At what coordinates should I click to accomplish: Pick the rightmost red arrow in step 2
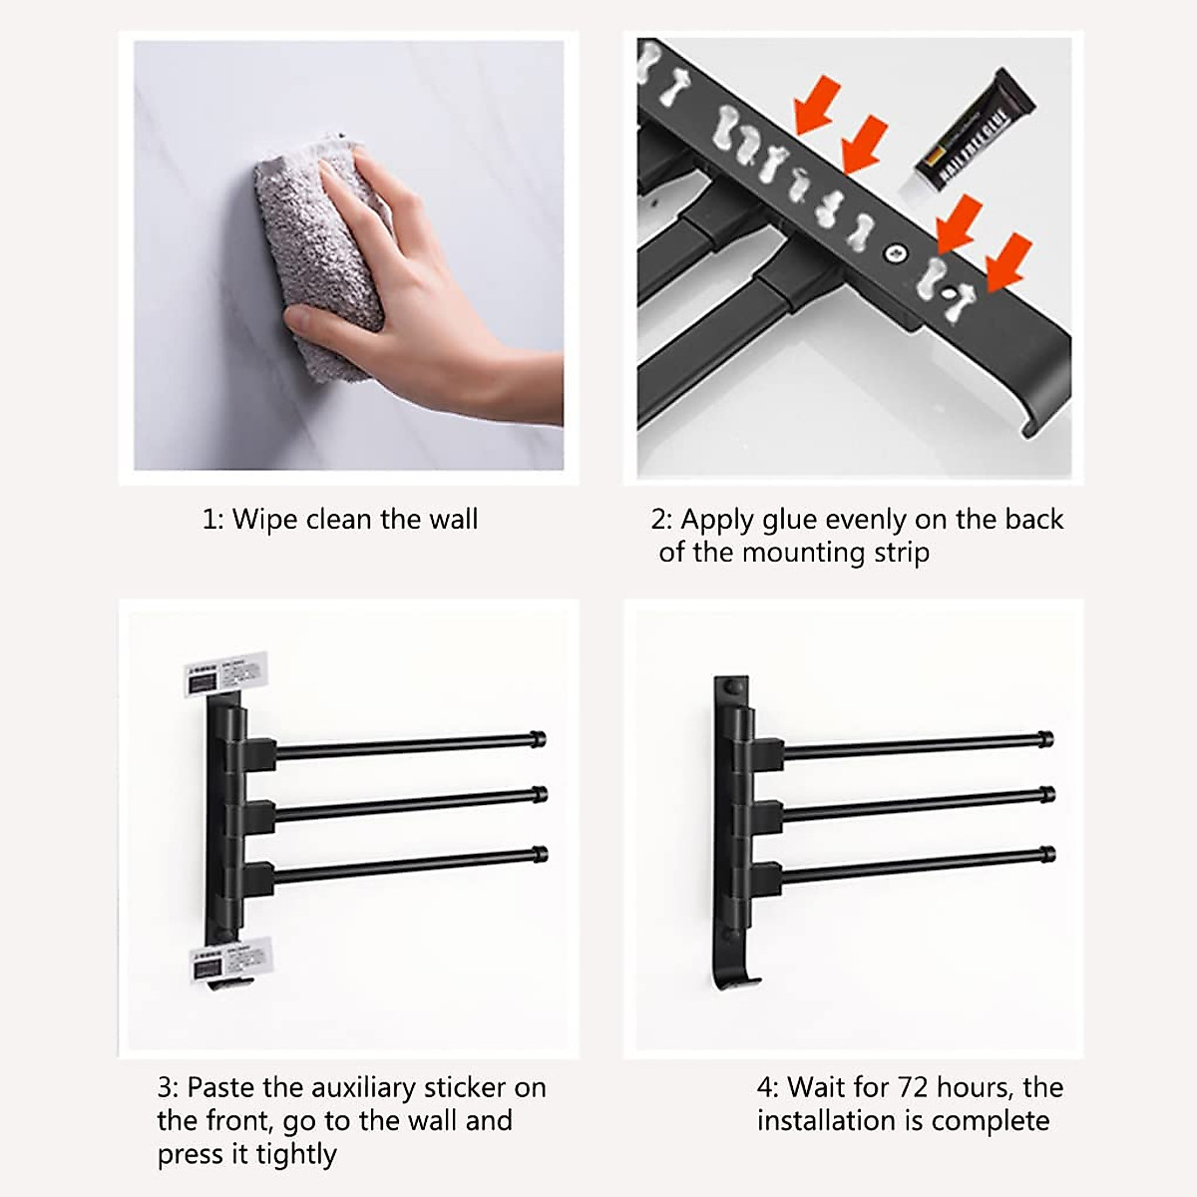point(1007,262)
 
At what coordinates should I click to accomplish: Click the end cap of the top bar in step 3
point(540,739)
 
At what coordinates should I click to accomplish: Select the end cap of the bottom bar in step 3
point(540,855)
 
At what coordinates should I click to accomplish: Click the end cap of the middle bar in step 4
point(1046,795)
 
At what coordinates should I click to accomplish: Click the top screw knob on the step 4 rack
point(735,687)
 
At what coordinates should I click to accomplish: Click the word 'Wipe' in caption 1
point(265,520)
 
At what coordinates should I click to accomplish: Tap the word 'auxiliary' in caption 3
point(363,1087)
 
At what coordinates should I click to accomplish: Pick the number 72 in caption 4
point(915,1087)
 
